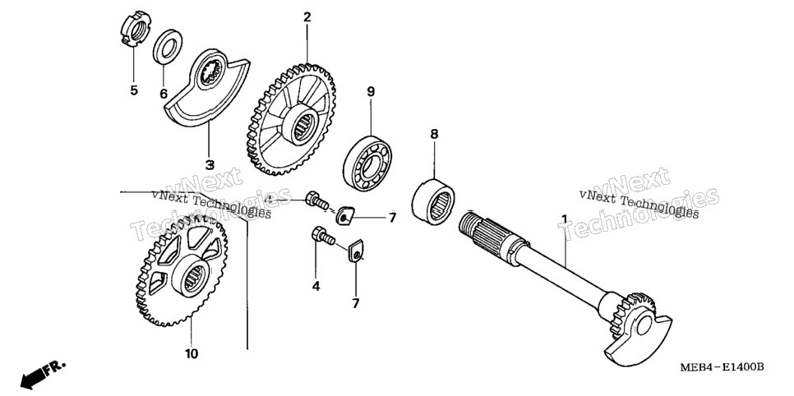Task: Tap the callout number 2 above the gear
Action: pos(307,17)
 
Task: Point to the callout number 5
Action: pos(134,90)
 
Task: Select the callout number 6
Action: pos(164,94)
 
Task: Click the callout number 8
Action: pos(434,134)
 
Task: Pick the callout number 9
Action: pos(371,92)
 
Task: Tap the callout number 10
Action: pos(192,353)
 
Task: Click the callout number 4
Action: pos(316,287)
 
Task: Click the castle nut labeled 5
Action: pos(135,30)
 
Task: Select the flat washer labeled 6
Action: pos(168,47)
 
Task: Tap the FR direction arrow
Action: pos(43,373)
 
